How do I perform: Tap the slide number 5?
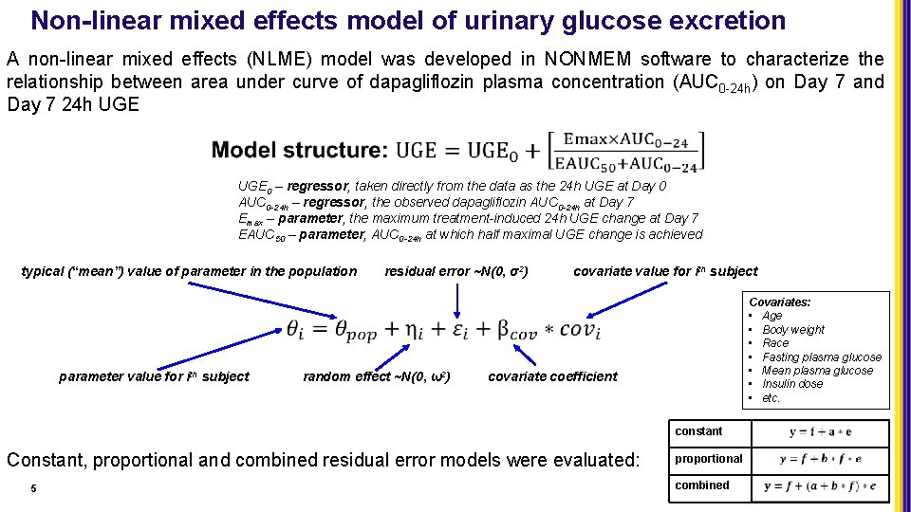[x=33, y=488]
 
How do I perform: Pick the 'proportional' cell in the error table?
[x=708, y=459]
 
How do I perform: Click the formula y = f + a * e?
[x=820, y=432]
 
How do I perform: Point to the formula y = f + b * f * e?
[x=820, y=460]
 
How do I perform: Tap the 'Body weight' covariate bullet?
[x=793, y=330]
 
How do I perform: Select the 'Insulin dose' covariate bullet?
[x=792, y=384]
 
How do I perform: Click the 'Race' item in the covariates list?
[x=775, y=343]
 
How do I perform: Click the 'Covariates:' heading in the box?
[x=780, y=302]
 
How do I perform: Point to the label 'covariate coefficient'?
[x=552, y=376]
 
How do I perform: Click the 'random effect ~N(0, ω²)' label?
[x=377, y=376]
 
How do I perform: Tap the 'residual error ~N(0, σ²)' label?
[x=455, y=272]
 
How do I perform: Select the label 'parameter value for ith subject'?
[x=154, y=376]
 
